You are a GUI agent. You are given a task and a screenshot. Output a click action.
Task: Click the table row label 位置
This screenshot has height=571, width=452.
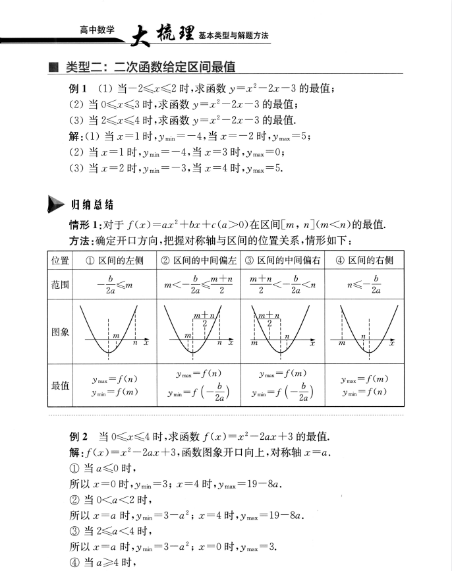tap(61, 260)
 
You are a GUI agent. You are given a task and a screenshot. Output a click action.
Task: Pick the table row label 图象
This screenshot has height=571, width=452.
tap(61, 332)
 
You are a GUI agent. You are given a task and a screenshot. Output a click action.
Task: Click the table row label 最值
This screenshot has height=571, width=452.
tap(61, 385)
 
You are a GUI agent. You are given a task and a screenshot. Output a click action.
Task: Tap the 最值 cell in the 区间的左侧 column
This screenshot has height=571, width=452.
tap(115, 385)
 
